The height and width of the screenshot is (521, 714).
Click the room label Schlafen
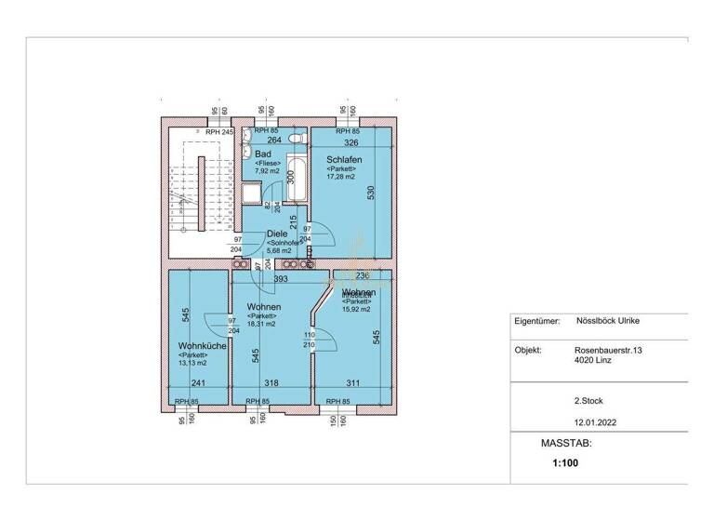point(343,160)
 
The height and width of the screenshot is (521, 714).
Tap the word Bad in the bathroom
point(262,153)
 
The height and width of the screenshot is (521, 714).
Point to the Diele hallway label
point(277,234)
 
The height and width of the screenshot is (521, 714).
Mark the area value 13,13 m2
point(195,364)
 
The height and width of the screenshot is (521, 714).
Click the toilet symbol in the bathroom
point(296,139)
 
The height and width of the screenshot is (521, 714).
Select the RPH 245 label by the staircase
point(219,132)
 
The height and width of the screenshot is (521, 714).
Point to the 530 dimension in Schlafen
point(371,194)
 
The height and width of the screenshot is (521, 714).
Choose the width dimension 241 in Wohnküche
point(198,382)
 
